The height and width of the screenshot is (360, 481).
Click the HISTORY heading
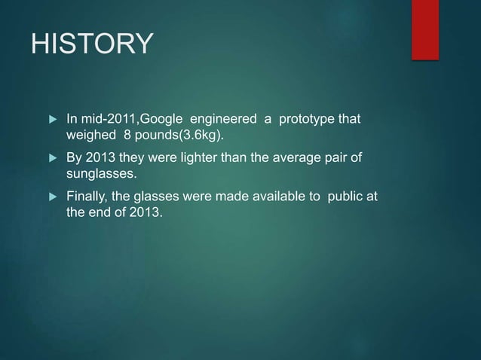(90, 44)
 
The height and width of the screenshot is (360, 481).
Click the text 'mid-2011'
(106, 120)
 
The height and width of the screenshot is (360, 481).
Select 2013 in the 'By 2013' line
(101, 159)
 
